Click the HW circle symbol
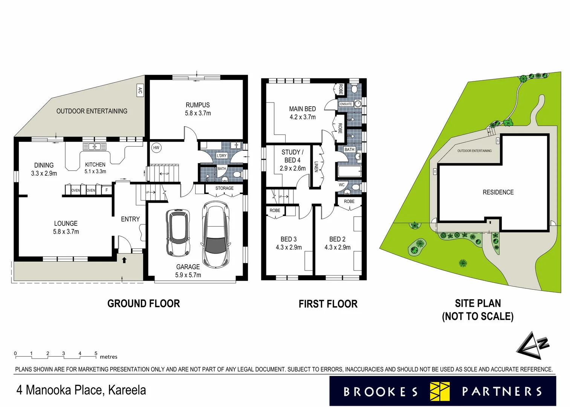[x=156, y=148]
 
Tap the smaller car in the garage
[x=178, y=233]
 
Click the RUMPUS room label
[x=198, y=105]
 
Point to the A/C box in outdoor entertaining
[x=140, y=90]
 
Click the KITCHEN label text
[x=95, y=165]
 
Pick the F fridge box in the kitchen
[x=107, y=190]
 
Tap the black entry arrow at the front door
[x=124, y=260]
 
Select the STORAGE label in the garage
[x=225, y=188]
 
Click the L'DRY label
[x=222, y=156]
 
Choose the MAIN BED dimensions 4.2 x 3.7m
[x=303, y=117]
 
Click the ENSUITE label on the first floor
[x=346, y=104]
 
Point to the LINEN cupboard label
[x=316, y=167]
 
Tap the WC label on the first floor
[x=341, y=185]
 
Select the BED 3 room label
[x=289, y=239]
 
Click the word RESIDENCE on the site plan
[x=498, y=192]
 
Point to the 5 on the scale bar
[x=96, y=353]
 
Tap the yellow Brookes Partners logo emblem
[x=440, y=391]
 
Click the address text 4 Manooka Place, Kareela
[x=81, y=390]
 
